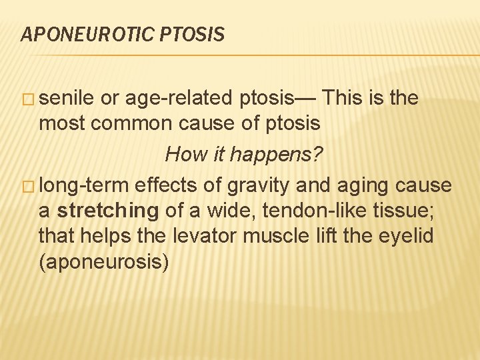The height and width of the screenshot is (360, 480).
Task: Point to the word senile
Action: (66, 99)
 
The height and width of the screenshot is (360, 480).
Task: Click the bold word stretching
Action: (108, 211)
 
